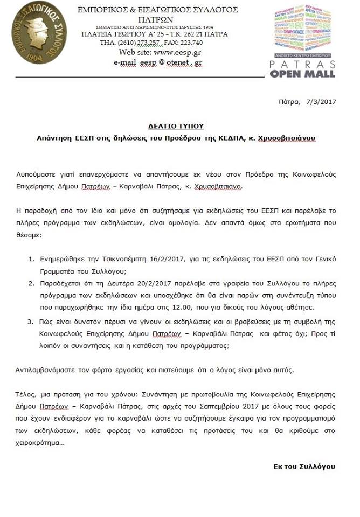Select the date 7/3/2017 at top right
pos(321,101)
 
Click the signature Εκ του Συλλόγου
pos(304,466)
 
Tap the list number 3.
pos(31,322)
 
